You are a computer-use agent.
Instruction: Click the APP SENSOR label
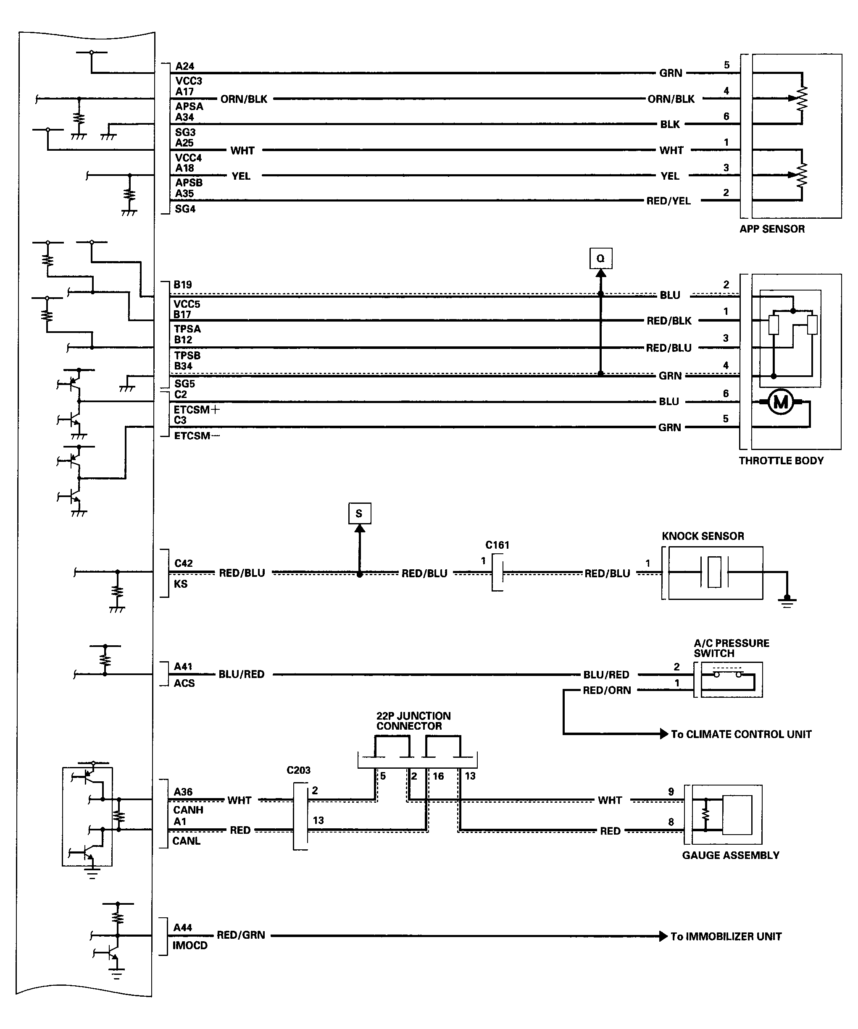coord(772,229)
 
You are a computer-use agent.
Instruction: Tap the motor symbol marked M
coord(781,402)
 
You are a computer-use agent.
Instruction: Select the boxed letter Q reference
coord(600,258)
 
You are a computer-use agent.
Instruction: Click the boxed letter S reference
coord(359,513)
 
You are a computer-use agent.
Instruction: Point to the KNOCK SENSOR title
coord(703,536)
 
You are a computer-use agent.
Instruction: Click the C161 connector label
coord(497,545)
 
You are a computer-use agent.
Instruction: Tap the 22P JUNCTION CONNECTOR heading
coord(413,721)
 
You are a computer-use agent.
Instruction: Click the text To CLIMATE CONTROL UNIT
coord(741,734)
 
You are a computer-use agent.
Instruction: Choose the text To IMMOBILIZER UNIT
coord(726,936)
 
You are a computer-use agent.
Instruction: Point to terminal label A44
coord(182,927)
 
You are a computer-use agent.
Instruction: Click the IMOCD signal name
coord(190,945)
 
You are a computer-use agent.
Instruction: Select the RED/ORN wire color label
coord(606,691)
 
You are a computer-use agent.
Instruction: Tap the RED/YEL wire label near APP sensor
coord(668,201)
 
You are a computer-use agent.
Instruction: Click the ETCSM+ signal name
coord(197,410)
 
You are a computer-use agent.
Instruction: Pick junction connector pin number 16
coord(438,776)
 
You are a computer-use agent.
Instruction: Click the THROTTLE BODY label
coord(781,461)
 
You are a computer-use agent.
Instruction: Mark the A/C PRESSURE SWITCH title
coord(731,648)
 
